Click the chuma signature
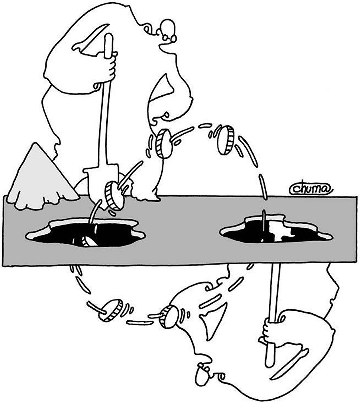click(311, 189)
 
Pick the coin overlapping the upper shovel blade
click(114, 196)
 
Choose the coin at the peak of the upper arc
click(226, 140)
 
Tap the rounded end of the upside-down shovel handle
click(269, 363)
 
